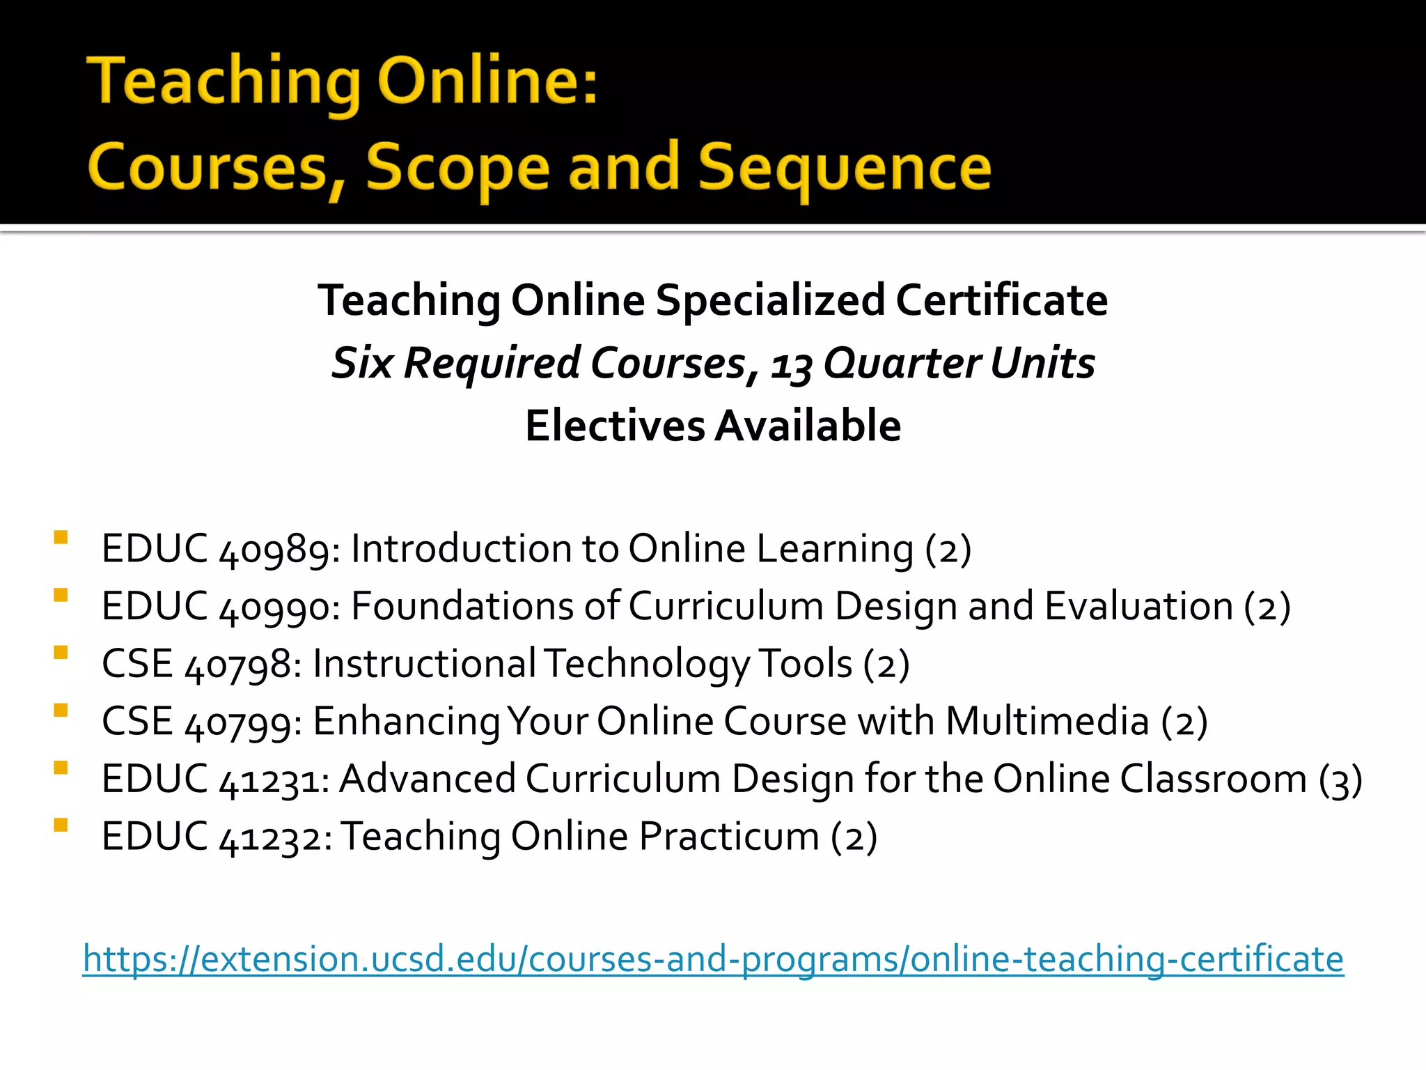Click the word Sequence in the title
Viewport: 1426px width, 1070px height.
tap(844, 167)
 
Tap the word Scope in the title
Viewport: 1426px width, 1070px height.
tap(457, 167)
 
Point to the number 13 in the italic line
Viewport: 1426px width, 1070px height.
tap(791, 365)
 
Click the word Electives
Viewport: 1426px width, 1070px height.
tap(615, 426)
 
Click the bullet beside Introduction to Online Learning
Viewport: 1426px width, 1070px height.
tap(61, 538)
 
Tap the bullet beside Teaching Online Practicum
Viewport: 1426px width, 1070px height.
tap(61, 825)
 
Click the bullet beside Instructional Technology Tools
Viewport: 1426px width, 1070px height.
tap(61, 653)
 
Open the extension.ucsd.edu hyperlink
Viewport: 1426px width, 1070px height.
tap(713, 959)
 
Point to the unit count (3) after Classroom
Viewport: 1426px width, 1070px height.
tap(1340, 780)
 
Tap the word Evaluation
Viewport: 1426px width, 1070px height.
tap(1139, 606)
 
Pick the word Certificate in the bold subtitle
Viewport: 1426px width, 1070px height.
tap(1001, 300)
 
